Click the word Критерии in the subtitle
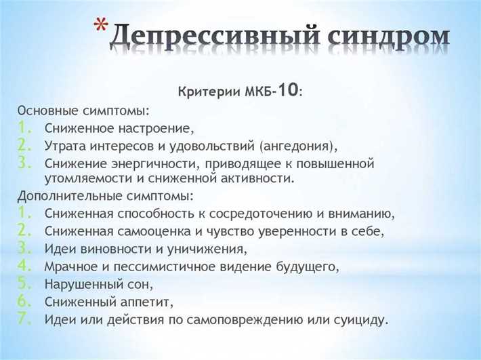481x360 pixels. [203, 92]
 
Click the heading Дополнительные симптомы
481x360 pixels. [105, 196]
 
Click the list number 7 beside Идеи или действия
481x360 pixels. [24, 317]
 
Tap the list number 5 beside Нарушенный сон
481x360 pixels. [24, 281]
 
